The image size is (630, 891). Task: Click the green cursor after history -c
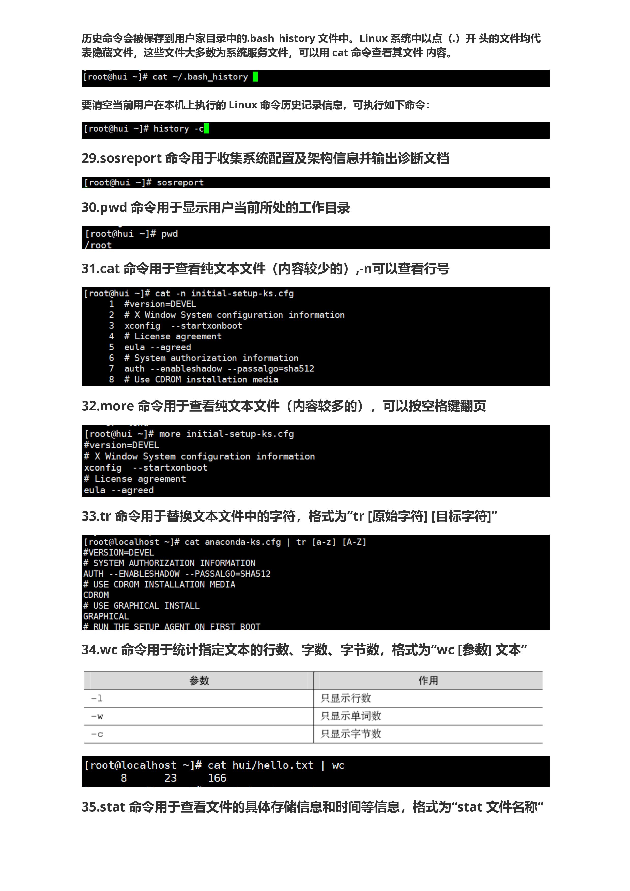[206, 128]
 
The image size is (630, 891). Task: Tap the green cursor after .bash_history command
[255, 77]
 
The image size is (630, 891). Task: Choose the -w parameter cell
[97, 716]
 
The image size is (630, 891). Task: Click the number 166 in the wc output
[217, 778]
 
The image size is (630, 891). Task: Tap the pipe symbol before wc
[323, 765]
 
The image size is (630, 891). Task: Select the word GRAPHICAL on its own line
[106, 617]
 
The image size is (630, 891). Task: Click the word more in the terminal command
[170, 434]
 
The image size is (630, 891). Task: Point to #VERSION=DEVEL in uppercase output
[118, 553]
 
